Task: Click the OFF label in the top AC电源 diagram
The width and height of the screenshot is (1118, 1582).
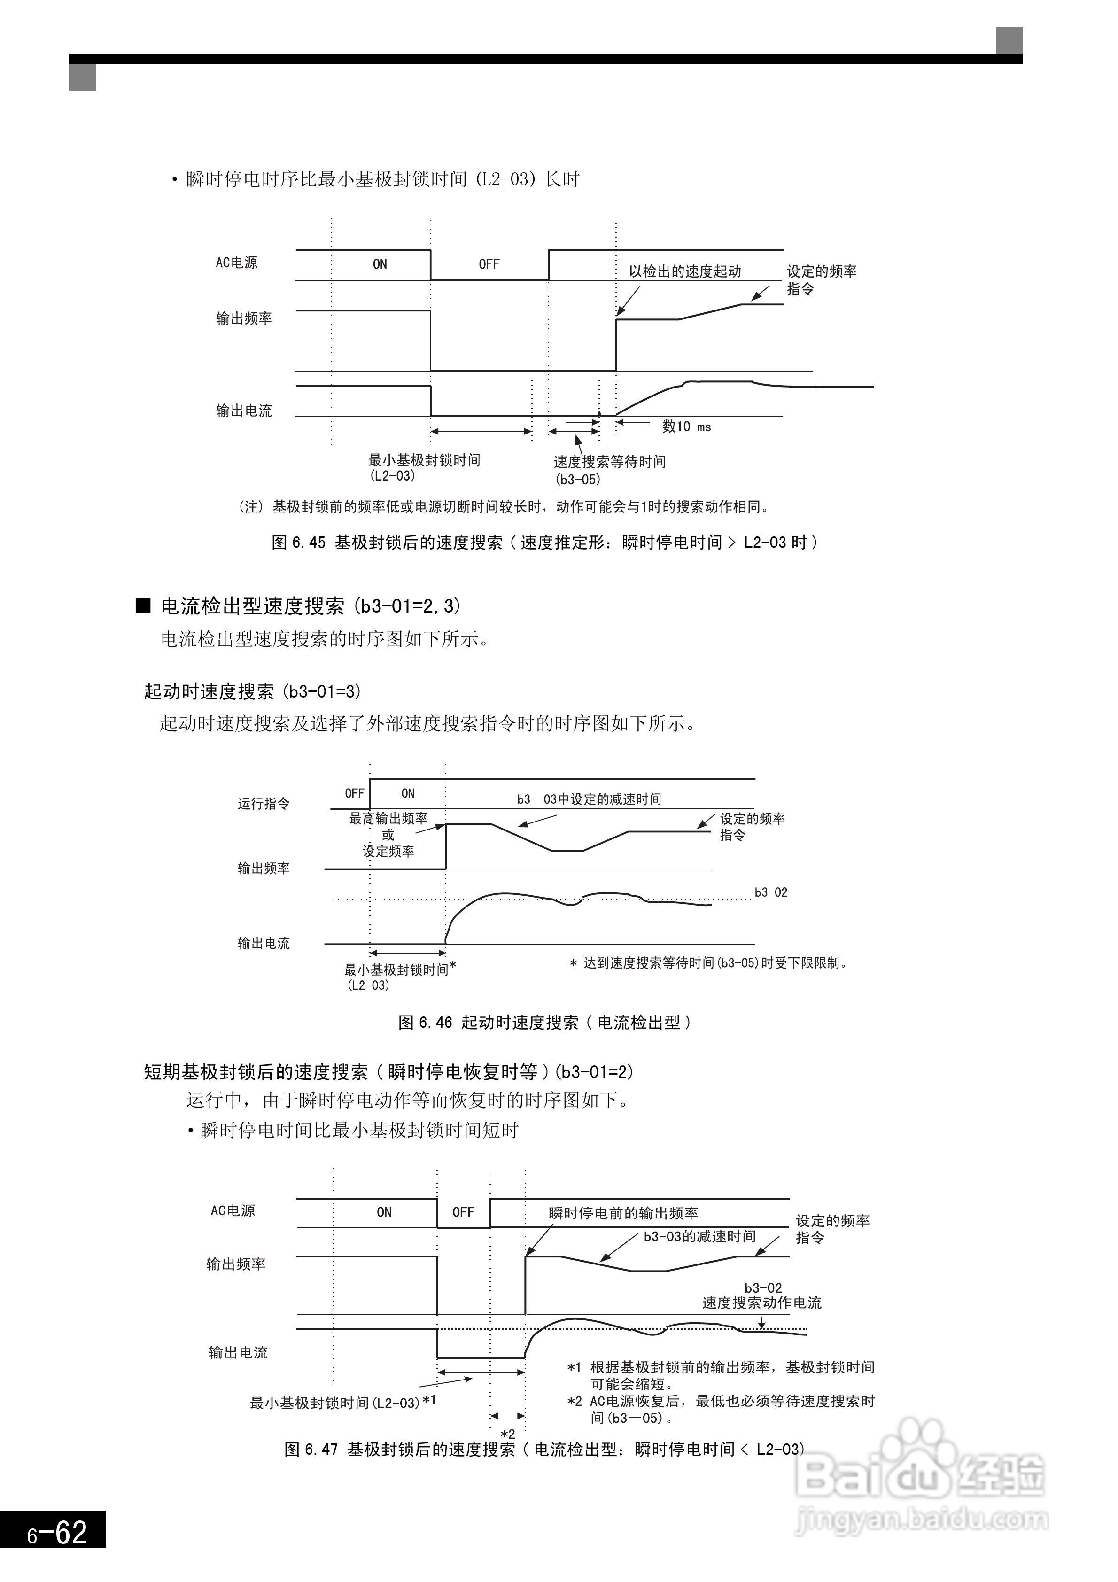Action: pyautogui.click(x=489, y=264)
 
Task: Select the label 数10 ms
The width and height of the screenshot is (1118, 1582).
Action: pyautogui.click(x=686, y=427)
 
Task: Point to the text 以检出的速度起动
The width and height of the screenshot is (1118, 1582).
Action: pyautogui.click(x=684, y=271)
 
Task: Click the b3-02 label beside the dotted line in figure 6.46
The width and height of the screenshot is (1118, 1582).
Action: pyautogui.click(x=770, y=893)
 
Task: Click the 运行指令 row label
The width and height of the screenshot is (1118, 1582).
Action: pyautogui.click(x=264, y=803)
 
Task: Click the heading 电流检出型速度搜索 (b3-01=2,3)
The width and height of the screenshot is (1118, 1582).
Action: pyautogui.click(x=310, y=606)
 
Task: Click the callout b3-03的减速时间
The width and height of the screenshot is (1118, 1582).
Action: pyautogui.click(x=699, y=1237)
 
